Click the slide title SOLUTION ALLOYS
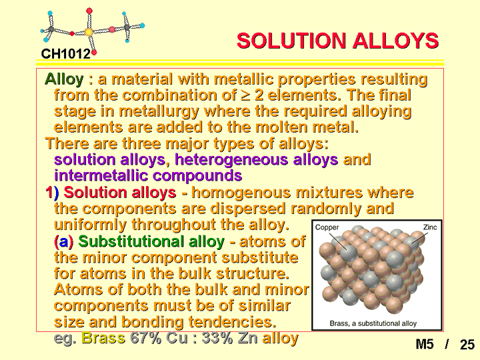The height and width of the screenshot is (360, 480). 337,41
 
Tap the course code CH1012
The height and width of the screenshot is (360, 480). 66,54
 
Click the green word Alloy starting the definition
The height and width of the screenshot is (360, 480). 64,79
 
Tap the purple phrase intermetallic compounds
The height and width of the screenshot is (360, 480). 148,176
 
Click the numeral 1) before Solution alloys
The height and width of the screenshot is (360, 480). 52,193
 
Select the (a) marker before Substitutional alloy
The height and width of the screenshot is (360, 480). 64,242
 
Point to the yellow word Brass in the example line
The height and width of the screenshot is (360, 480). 103,338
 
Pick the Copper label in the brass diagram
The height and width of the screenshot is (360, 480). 327,227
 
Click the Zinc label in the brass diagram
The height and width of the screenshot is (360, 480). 430,227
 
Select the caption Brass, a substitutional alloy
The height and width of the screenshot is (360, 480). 373,323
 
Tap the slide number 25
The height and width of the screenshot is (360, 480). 467,345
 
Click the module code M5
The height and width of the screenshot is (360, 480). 425,345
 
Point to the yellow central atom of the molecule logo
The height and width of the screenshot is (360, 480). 89,32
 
